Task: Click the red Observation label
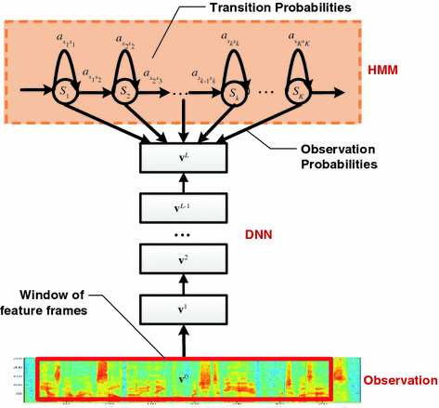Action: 399,380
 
